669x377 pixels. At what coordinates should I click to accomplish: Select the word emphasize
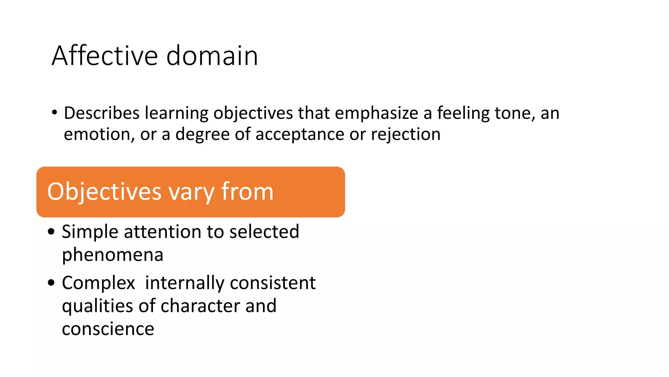click(x=376, y=113)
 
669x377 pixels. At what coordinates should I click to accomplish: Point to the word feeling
click(x=463, y=113)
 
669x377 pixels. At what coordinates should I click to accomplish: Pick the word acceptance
click(x=300, y=134)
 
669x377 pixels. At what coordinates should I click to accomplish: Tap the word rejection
click(x=405, y=134)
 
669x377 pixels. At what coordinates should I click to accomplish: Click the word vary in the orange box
click(x=191, y=192)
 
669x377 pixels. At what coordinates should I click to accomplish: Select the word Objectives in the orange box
click(x=104, y=192)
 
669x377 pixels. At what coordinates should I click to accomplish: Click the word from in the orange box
click(x=247, y=192)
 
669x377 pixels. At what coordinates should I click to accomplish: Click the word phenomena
click(x=112, y=255)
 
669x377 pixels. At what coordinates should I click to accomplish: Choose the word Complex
click(x=98, y=283)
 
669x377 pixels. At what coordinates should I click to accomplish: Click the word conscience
click(x=108, y=329)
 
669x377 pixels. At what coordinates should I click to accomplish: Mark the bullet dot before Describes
click(x=54, y=113)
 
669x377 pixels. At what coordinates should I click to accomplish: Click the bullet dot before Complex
click(x=51, y=282)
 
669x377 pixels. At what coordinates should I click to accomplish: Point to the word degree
click(x=203, y=134)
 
